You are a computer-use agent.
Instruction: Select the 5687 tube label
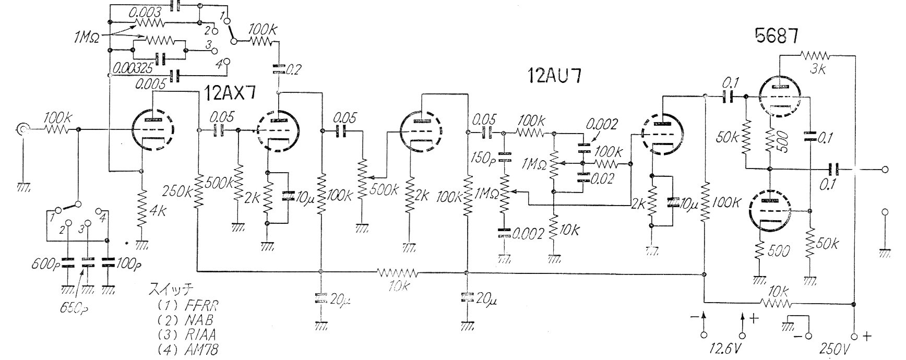tap(776, 36)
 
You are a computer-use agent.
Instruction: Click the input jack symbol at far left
tap(22, 129)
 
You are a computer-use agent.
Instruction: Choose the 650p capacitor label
tap(73, 308)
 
